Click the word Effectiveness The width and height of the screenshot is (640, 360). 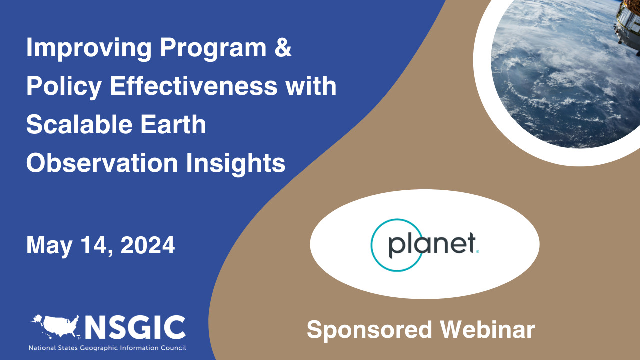pos(197,87)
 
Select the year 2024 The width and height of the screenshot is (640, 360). pos(148,245)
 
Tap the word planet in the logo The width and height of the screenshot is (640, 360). pos(431,245)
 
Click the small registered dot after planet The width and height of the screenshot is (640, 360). pos(478,253)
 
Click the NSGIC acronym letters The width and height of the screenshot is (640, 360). pos(135,327)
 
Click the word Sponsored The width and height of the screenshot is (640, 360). pos(369,330)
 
